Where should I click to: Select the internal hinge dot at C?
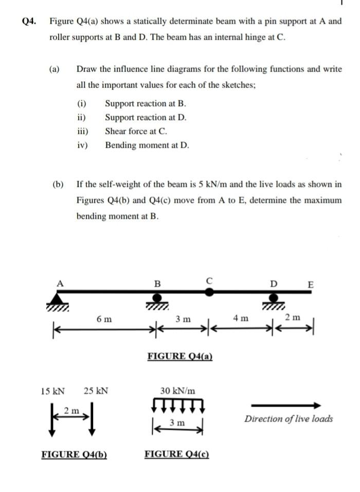(x=209, y=291)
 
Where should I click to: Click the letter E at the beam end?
(x=310, y=284)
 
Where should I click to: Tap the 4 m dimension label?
(x=240, y=319)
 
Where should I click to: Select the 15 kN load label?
(x=53, y=391)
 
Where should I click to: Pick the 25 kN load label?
(x=96, y=391)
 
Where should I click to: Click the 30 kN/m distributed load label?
(x=178, y=391)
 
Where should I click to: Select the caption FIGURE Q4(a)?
(x=180, y=356)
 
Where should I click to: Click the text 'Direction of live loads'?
(x=289, y=418)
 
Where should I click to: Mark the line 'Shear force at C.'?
(x=136, y=131)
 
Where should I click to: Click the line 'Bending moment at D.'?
(x=147, y=145)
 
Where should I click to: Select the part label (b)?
(x=58, y=184)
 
